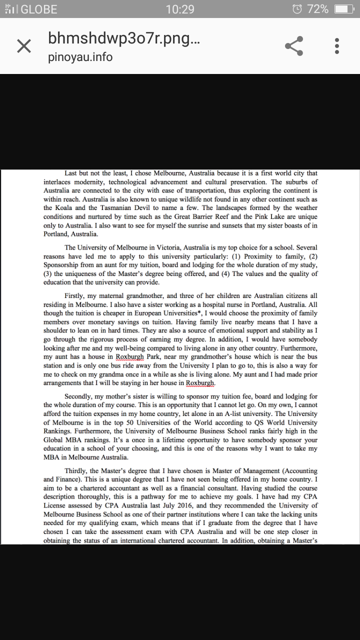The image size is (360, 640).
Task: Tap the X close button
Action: (24, 46)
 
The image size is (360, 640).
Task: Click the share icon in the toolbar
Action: (294, 46)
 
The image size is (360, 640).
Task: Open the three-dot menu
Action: (337, 46)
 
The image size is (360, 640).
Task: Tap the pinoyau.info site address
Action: (80, 57)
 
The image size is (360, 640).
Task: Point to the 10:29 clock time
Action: (180, 9)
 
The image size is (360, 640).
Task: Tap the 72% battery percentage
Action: (318, 9)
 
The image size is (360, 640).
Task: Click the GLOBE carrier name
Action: (39, 9)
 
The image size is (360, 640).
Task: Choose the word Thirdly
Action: (77, 471)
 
